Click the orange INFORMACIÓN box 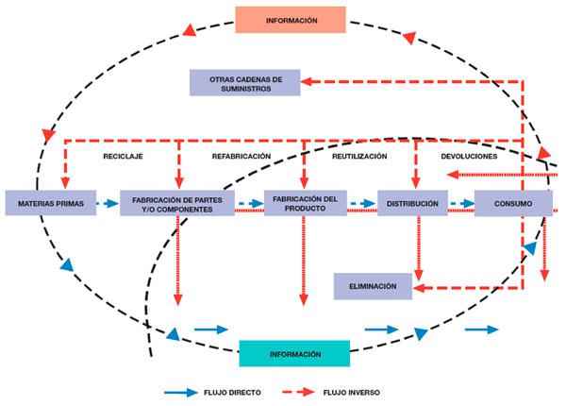point(291,20)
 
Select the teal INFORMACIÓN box point(294,354)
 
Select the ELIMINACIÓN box point(373,286)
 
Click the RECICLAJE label point(123,156)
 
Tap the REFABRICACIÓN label point(241,156)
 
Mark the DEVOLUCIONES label point(469,156)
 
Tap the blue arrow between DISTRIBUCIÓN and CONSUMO point(459,203)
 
